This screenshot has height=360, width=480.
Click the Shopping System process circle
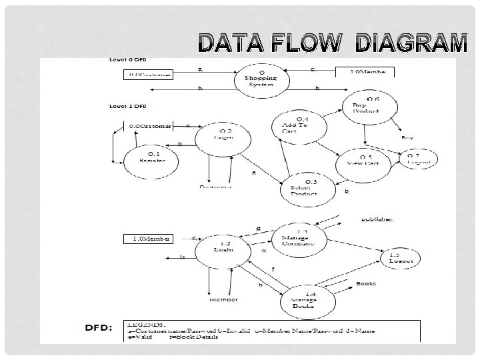coord(261,79)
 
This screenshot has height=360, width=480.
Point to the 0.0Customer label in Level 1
coord(150,126)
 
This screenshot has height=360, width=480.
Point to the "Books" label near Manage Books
coord(365,284)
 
